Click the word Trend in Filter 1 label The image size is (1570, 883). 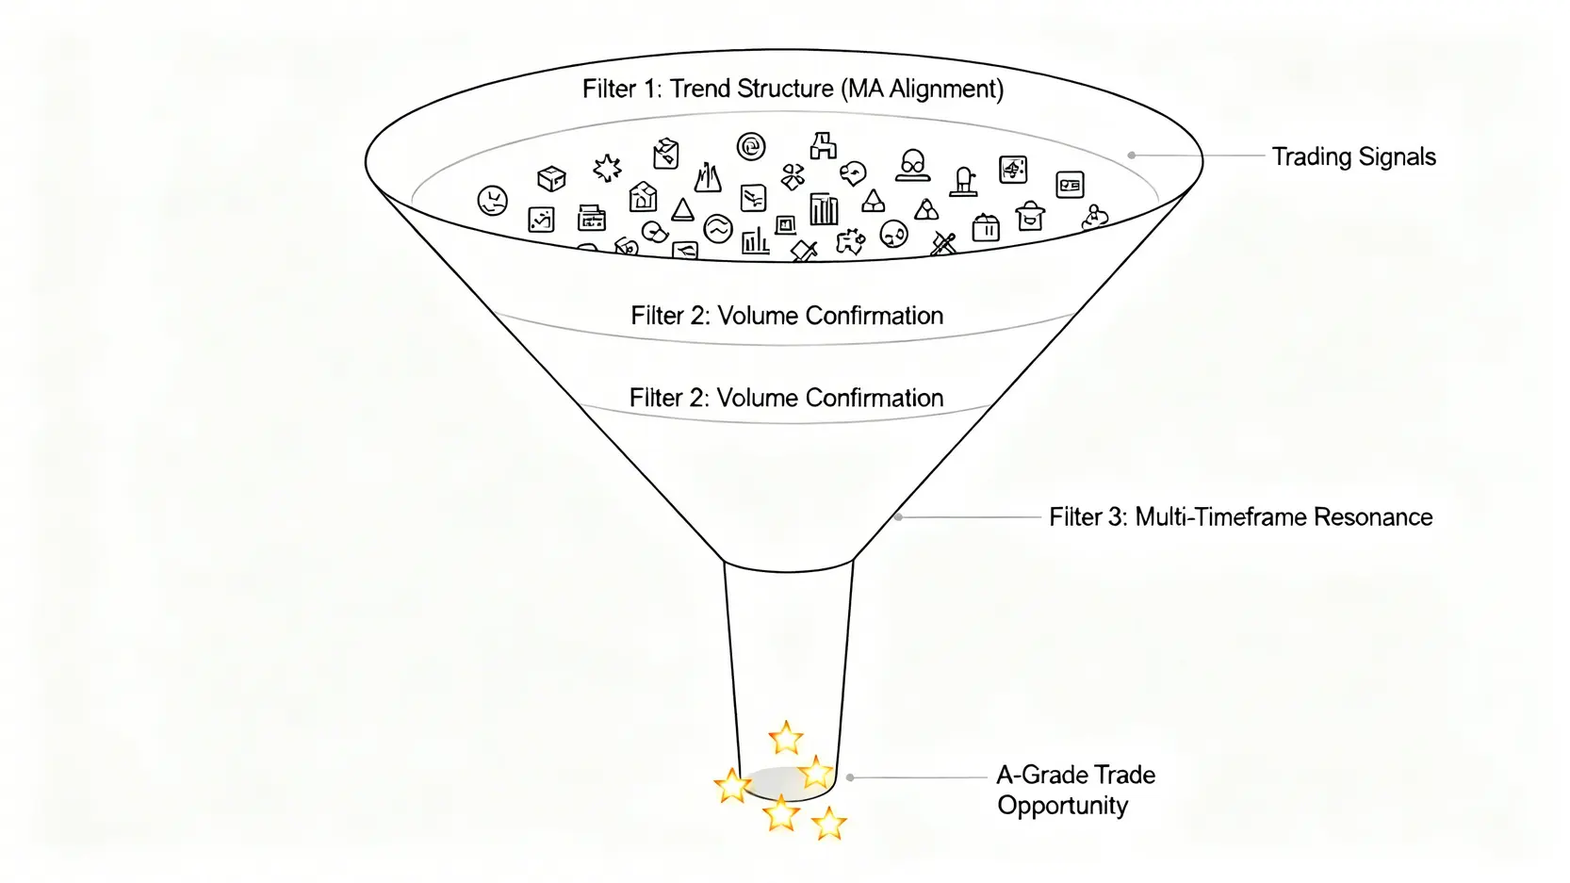point(700,90)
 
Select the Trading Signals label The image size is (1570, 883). point(1353,156)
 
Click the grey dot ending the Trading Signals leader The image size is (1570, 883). point(1131,155)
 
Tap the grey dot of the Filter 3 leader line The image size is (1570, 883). point(899,517)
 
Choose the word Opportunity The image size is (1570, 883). point(1062,806)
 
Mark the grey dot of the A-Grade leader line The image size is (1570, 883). point(850,777)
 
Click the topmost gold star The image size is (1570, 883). point(785,738)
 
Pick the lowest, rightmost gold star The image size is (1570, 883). point(828,824)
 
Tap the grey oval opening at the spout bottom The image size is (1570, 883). point(779,782)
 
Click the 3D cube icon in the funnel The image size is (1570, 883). point(550,177)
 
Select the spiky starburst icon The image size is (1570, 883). point(607,169)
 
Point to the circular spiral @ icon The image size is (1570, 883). point(751,146)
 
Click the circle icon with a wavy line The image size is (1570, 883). point(718,228)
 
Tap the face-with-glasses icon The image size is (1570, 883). point(911,165)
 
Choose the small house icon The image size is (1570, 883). point(643,197)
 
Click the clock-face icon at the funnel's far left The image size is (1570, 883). point(492,200)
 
